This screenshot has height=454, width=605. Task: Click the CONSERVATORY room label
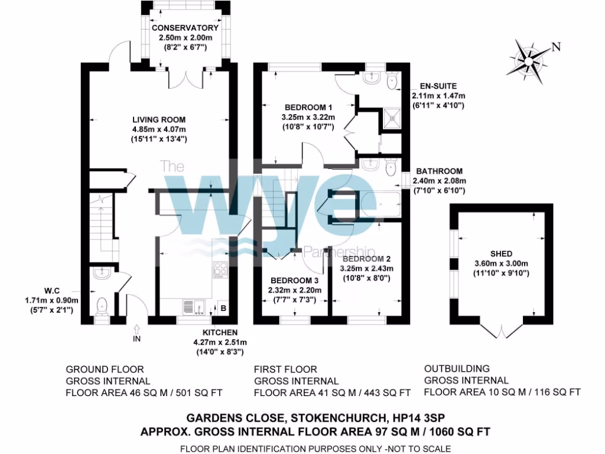tap(185, 28)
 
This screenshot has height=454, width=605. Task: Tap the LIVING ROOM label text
tap(158, 119)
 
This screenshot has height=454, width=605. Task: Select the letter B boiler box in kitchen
tap(223, 307)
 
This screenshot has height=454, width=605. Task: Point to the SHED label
tap(501, 254)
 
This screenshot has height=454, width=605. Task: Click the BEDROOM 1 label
tap(308, 108)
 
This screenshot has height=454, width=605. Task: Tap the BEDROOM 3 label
tap(295, 280)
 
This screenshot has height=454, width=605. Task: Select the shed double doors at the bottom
tap(502, 330)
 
